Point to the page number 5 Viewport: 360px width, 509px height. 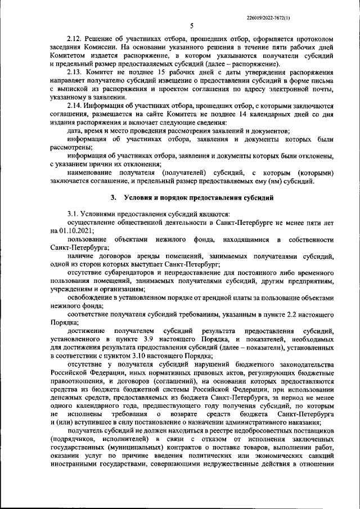point(192,26)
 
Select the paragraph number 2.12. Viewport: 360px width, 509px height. point(75,38)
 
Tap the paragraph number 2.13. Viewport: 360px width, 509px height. point(75,73)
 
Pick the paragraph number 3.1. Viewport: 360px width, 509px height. point(74,214)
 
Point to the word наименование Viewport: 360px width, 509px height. point(92,173)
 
